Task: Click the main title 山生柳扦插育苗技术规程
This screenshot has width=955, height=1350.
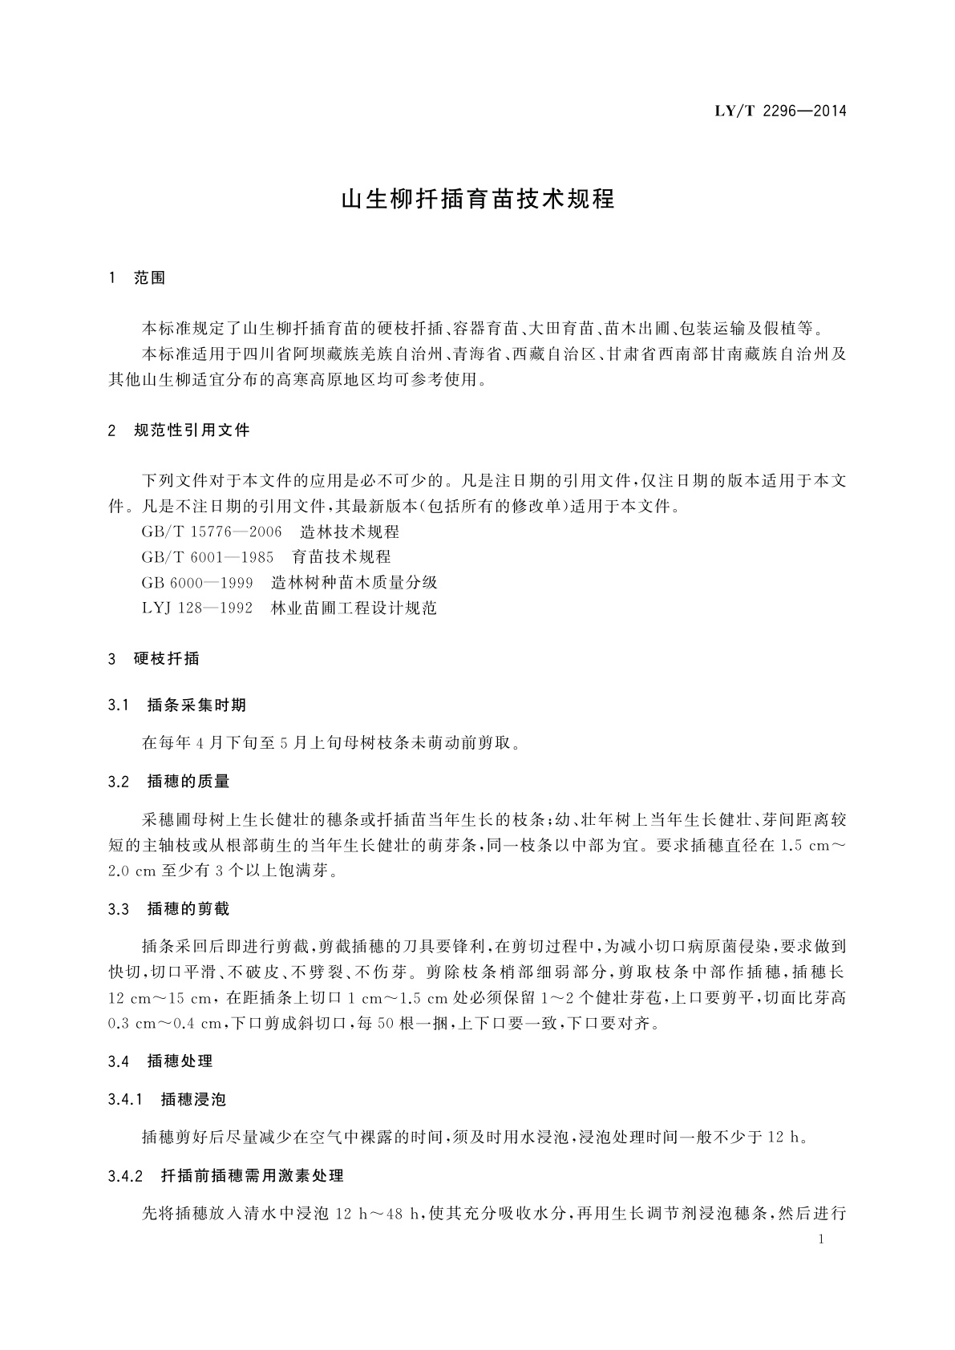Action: pyautogui.click(x=478, y=199)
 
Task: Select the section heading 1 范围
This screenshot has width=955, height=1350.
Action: pyautogui.click(x=137, y=278)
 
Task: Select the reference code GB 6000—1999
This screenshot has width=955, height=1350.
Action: pyautogui.click(x=197, y=582)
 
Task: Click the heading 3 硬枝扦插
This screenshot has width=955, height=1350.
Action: pyautogui.click(x=154, y=659)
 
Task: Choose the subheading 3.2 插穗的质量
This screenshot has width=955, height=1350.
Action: pyautogui.click(x=169, y=781)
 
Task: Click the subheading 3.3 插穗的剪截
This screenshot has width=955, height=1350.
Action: pyautogui.click(x=169, y=909)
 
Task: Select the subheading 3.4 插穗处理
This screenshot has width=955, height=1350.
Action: pyautogui.click(x=160, y=1061)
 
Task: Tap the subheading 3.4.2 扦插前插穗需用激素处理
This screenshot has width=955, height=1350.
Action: pyautogui.click(x=226, y=1176)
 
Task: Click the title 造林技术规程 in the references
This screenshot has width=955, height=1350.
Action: pyautogui.click(x=350, y=532)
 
